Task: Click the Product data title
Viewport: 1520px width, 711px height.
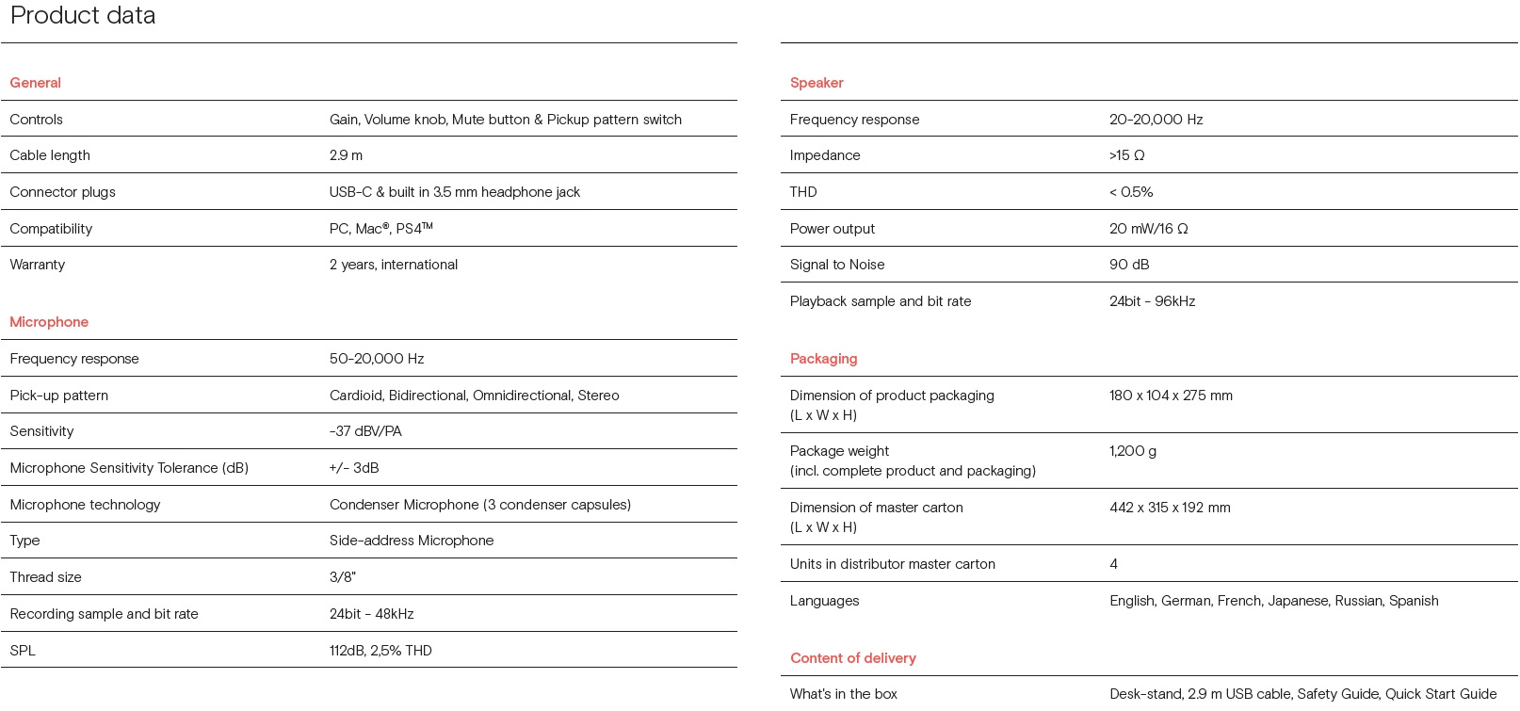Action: pos(83,15)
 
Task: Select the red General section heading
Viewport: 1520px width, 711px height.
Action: pos(35,83)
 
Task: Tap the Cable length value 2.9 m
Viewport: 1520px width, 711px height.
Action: pos(346,155)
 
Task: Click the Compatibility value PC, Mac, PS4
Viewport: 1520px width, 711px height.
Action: pos(380,229)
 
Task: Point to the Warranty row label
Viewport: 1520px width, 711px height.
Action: pos(38,265)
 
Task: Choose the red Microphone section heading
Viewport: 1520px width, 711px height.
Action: pos(49,322)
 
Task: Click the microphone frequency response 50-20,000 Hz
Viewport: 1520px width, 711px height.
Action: pos(377,359)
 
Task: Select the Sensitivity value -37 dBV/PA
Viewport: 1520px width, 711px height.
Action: pos(365,431)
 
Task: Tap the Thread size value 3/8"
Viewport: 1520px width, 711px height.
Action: pos(343,577)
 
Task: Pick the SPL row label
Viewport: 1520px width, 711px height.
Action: pos(23,651)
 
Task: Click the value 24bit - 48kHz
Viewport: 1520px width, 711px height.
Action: pos(371,614)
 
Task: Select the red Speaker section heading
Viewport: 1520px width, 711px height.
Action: pos(817,83)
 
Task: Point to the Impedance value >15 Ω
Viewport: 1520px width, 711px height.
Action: pos(1126,155)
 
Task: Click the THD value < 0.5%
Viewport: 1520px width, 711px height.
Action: pos(1131,192)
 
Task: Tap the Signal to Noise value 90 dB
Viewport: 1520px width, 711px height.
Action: pos(1129,265)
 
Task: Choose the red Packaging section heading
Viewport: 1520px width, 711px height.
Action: pos(823,359)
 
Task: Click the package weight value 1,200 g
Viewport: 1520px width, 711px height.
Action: pos(1133,451)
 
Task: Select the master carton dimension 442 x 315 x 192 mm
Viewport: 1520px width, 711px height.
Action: pos(1170,508)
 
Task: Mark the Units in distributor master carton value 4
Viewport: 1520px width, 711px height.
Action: pos(1113,564)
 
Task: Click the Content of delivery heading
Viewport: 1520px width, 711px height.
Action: pos(852,658)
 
